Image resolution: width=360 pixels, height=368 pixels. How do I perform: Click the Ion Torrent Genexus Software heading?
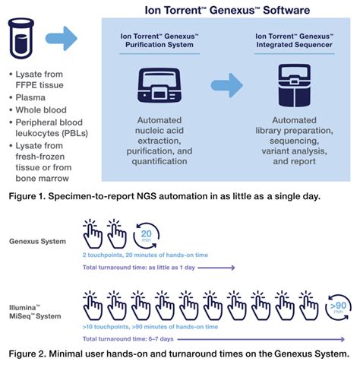click(x=226, y=11)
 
